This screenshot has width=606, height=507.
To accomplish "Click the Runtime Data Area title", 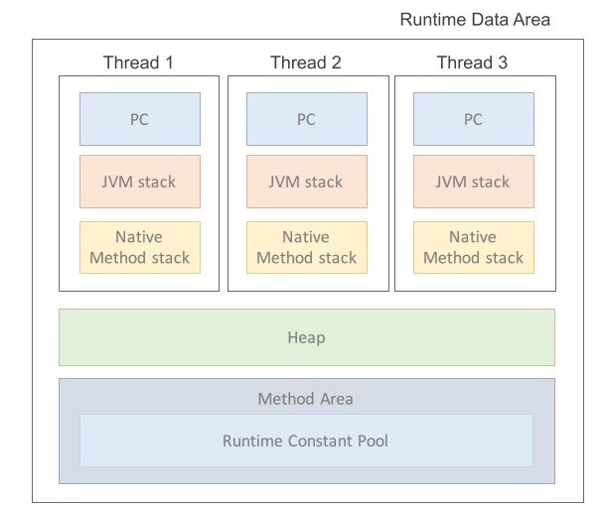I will pos(474,20).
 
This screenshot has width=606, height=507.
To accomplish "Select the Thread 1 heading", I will pos(138,63).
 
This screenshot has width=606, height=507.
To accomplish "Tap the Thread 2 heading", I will pos(306,63).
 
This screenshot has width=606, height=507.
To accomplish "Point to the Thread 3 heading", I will pos(473,63).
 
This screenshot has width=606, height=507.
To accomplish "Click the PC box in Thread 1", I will pos(139,119).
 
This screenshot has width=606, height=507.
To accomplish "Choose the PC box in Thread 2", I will pos(306,119).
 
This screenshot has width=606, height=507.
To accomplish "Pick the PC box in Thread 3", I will pos(473,119).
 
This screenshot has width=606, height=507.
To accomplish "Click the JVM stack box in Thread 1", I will pos(139,182).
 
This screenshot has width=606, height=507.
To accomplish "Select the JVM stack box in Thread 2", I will pos(306,182).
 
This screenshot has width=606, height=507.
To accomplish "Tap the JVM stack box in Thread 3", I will pos(473,182).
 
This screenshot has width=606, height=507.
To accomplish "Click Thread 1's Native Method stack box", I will pos(139,247).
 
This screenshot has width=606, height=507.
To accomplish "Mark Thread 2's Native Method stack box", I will pos(306,247).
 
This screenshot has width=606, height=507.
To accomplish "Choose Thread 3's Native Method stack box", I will pos(473,247).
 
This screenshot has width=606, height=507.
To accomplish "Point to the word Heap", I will pos(306,337).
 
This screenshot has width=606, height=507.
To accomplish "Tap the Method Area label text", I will pos(306,399).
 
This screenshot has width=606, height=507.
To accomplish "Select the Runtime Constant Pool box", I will pos(306,440).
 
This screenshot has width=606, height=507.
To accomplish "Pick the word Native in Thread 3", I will pos(473,237).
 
